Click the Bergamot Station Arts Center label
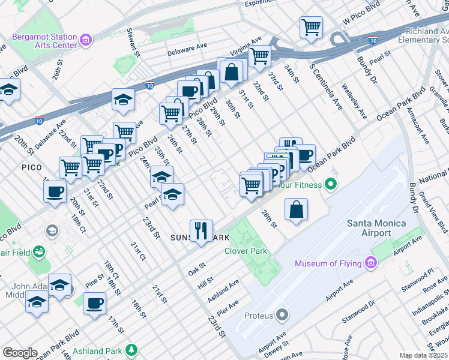click(44, 41)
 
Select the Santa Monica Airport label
click(376, 229)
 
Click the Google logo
click(20, 353)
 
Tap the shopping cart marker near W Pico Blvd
click(311, 26)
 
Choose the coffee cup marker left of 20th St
click(55, 191)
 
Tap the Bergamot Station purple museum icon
click(86, 41)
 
